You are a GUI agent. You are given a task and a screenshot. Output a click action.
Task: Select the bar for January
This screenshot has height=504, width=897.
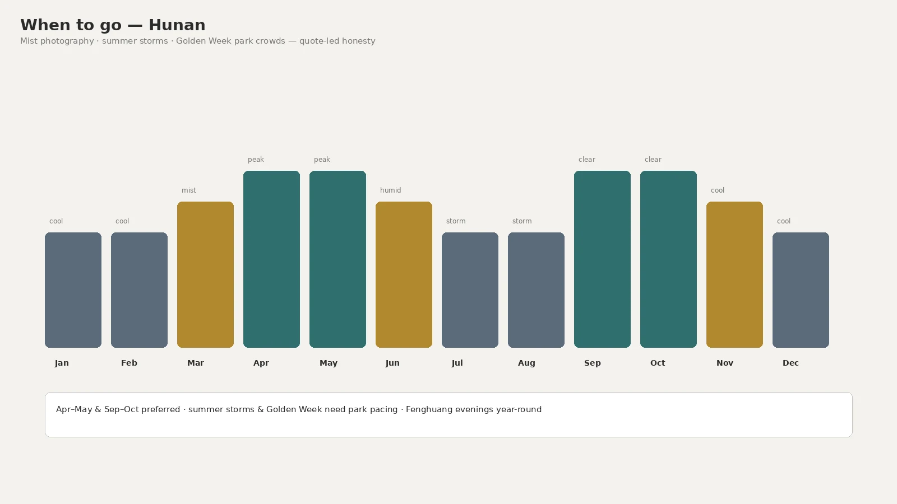(x=73, y=290)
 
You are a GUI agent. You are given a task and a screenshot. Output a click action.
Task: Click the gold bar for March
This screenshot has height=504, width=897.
(x=205, y=274)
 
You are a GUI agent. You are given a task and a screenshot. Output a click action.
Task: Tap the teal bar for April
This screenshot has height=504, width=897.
(x=271, y=259)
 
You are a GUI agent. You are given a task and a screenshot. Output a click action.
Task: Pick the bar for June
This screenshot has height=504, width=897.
(x=404, y=274)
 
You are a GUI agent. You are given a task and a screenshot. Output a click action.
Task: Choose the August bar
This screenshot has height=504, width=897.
(x=536, y=290)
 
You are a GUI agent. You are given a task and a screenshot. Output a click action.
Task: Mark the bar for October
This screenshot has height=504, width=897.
(x=668, y=259)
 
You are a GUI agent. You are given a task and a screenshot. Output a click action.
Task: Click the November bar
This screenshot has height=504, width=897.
(x=734, y=274)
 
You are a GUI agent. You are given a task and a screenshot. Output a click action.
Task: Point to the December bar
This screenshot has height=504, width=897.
(x=801, y=290)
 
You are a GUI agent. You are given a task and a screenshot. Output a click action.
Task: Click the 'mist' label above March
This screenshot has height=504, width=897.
(x=189, y=190)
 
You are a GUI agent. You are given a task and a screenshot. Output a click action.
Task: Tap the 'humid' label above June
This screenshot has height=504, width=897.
(x=390, y=190)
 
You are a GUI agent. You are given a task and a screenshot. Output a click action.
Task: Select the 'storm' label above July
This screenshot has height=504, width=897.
(x=456, y=221)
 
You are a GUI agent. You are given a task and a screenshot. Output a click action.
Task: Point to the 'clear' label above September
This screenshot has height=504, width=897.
(x=587, y=160)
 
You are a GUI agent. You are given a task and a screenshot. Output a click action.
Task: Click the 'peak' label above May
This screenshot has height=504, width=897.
(x=322, y=160)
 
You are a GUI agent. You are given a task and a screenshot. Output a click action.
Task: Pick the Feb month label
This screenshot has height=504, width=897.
(x=129, y=363)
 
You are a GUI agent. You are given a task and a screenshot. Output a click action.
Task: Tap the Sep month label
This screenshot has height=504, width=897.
(x=592, y=363)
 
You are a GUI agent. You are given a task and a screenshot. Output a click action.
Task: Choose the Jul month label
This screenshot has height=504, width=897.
(x=457, y=363)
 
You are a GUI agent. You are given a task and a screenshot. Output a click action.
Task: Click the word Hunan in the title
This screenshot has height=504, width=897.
(x=177, y=25)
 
